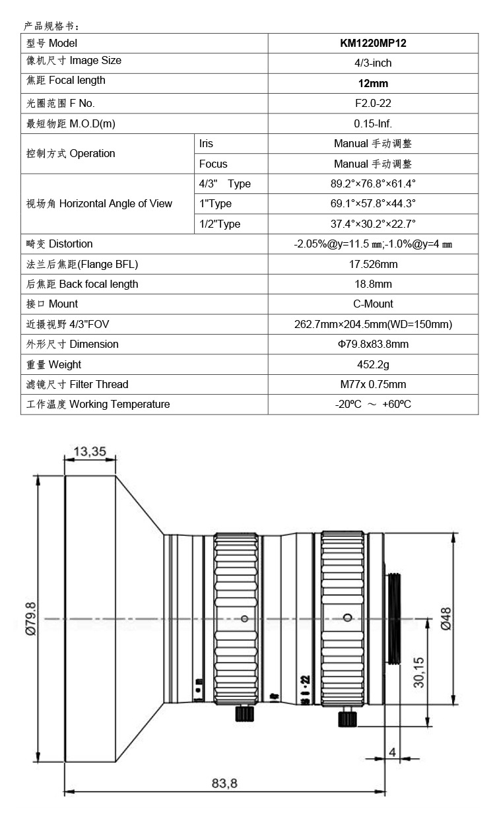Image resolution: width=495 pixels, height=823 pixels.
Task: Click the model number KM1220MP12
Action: [373, 44]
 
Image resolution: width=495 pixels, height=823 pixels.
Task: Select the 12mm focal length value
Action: [373, 84]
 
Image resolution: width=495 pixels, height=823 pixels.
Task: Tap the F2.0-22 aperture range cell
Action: [373, 104]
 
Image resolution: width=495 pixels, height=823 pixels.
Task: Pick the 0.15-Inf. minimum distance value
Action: [373, 123]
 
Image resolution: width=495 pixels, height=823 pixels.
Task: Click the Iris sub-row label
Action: [207, 143]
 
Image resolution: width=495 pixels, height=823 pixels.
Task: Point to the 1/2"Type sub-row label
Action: [220, 224]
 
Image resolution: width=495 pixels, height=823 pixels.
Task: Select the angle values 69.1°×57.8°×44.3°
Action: [373, 204]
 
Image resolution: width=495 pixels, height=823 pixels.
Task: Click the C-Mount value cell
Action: [373, 304]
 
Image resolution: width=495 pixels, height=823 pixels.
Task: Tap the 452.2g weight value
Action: [373, 364]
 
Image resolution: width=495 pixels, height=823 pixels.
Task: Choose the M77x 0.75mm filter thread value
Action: [373, 384]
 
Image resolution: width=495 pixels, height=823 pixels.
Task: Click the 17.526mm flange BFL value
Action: [373, 264]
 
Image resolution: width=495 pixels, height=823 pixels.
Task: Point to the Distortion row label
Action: [59, 244]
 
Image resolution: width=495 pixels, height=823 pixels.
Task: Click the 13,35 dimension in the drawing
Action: [90, 452]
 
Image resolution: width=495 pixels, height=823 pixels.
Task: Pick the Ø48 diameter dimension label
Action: [445, 618]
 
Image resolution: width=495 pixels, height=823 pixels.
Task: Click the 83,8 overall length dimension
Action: [224, 783]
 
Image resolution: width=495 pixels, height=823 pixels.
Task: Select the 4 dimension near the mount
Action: [392, 752]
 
